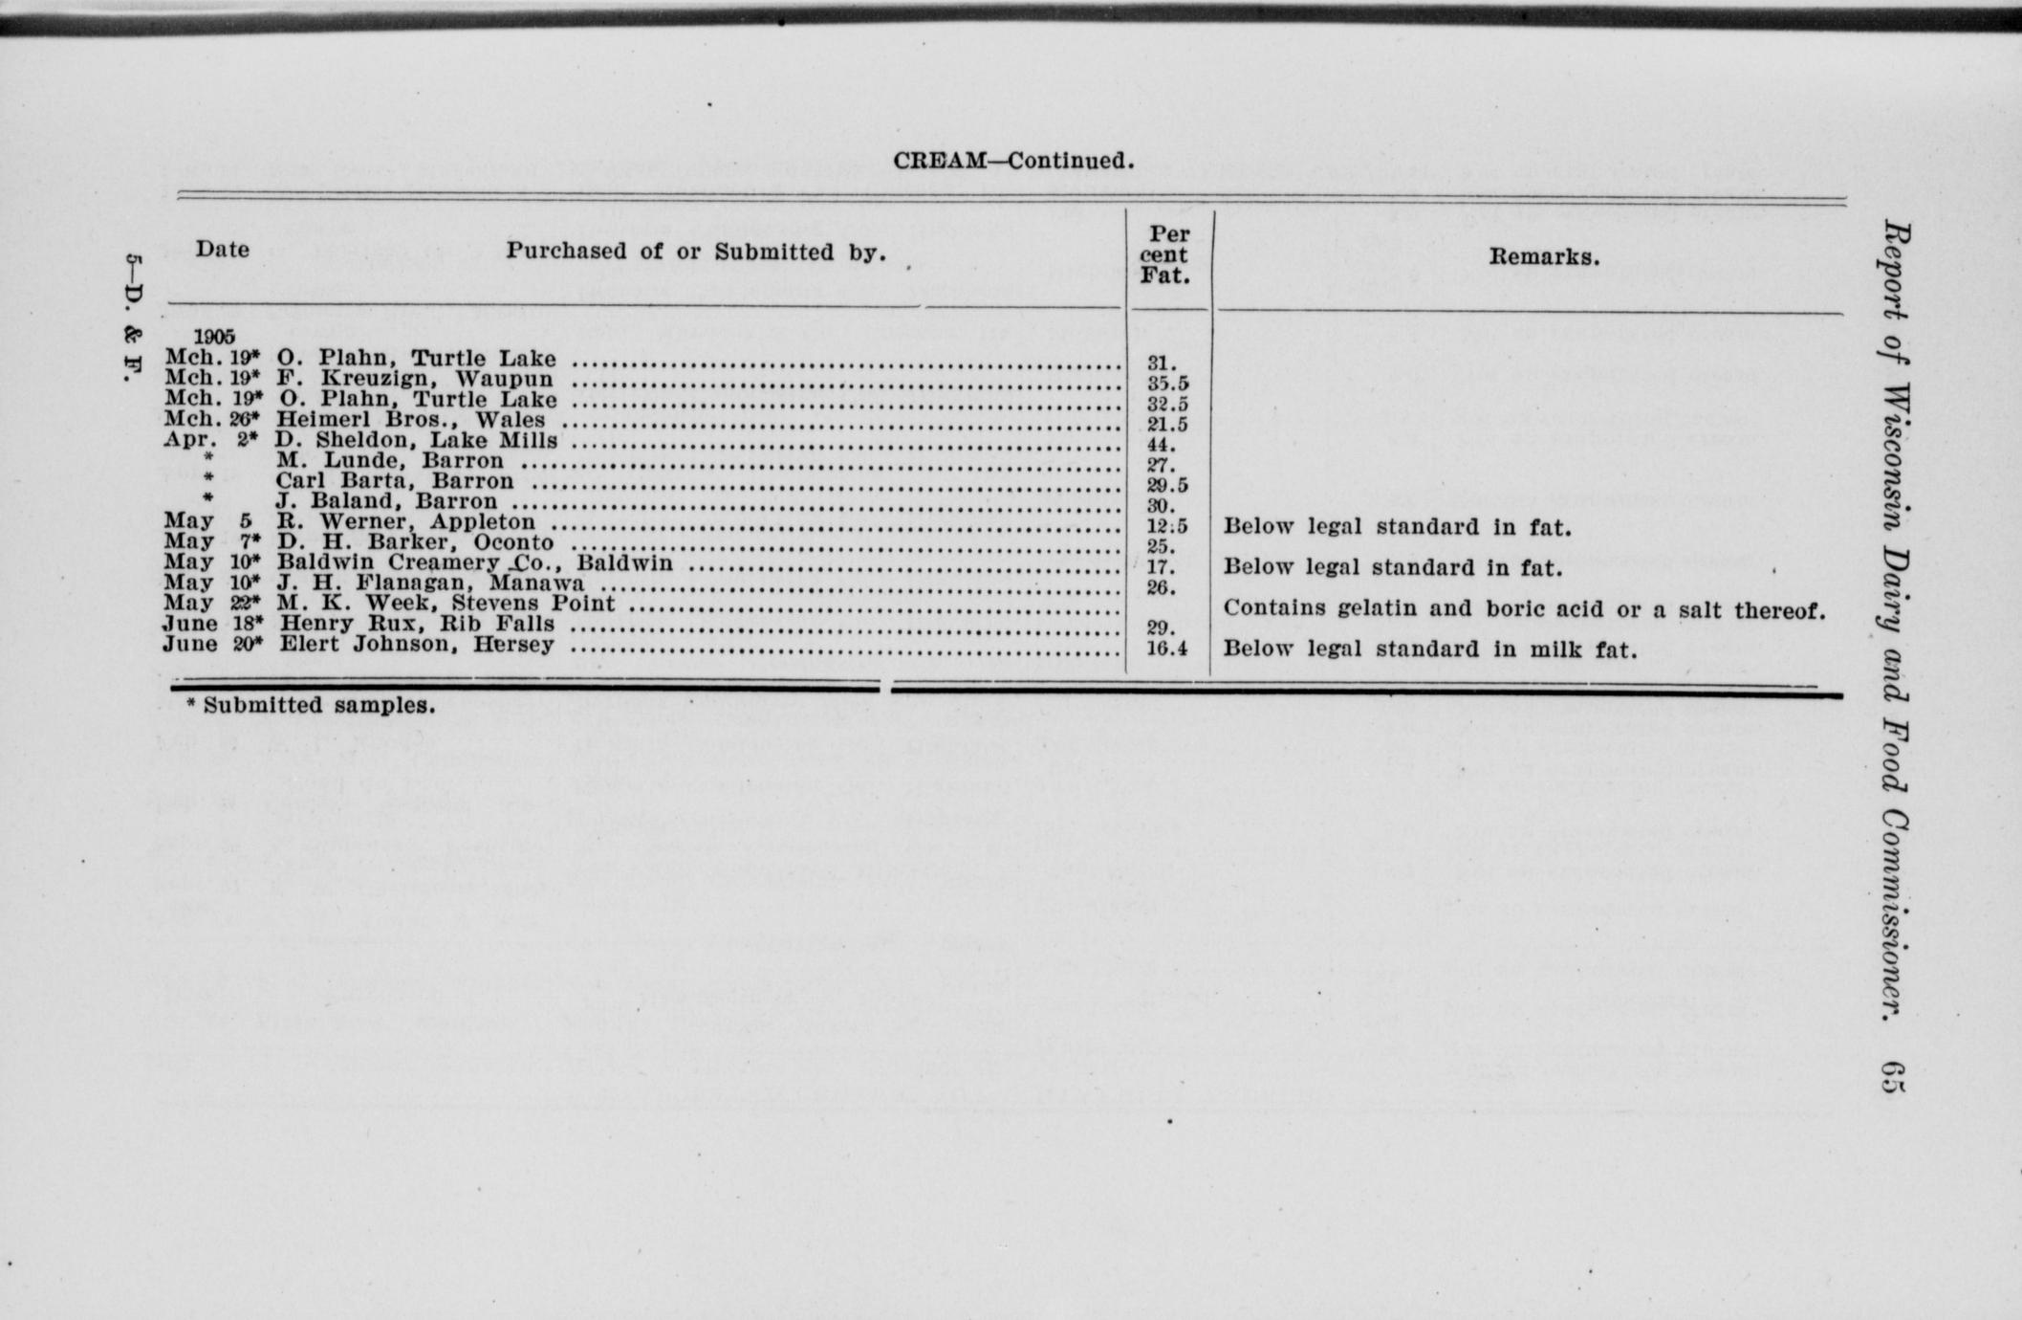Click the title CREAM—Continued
1013,161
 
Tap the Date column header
223,251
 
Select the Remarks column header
1544,257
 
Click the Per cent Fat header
1164,255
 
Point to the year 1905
214,337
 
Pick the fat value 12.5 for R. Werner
1167,526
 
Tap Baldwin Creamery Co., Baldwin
474,563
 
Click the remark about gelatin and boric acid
1524,608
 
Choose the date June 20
211,644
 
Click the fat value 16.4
1166,649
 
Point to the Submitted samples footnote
311,706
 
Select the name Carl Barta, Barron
395,481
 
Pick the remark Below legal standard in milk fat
1429,649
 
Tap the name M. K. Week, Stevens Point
446,604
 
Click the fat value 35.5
1167,384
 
